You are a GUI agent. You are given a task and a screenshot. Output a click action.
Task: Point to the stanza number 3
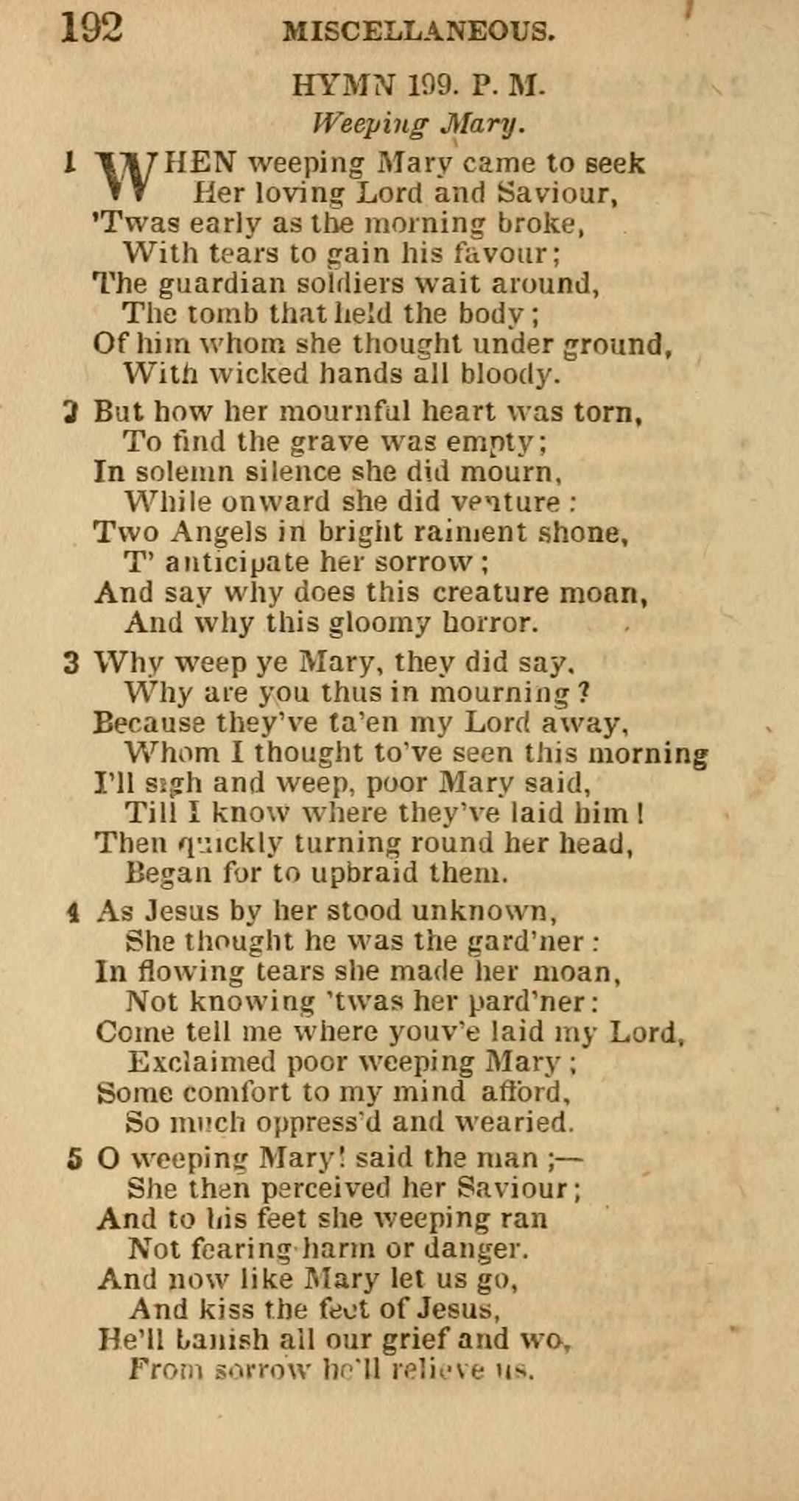point(71,663)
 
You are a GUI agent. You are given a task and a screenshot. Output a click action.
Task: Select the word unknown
point(483,911)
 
